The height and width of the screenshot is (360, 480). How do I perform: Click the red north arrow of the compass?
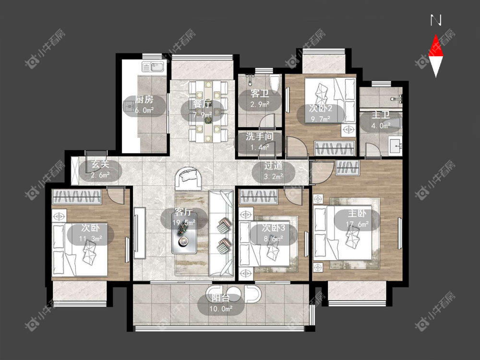(436, 47)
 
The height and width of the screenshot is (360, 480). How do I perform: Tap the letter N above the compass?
(436, 21)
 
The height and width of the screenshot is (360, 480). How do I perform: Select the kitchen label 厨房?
(144, 99)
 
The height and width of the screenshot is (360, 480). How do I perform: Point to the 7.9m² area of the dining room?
(203, 115)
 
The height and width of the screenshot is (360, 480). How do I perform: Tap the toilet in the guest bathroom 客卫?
(275, 82)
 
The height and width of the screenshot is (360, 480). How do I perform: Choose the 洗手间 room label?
(260, 136)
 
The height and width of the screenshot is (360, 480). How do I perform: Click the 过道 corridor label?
(274, 166)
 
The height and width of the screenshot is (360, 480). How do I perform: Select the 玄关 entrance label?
(100, 164)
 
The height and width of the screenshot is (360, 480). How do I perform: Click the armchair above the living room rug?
(188, 178)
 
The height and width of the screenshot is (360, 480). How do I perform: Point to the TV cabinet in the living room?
(139, 233)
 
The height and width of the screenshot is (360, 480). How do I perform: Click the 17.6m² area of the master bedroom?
(357, 224)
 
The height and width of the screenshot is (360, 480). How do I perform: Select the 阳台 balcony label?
(221, 298)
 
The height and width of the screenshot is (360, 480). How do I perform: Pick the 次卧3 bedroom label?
(274, 228)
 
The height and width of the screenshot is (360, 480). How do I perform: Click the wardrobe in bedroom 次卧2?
(335, 148)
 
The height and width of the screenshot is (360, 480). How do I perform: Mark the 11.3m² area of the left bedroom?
(91, 238)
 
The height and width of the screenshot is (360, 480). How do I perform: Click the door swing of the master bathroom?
(372, 149)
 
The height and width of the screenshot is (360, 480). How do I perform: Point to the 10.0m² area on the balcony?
(221, 309)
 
